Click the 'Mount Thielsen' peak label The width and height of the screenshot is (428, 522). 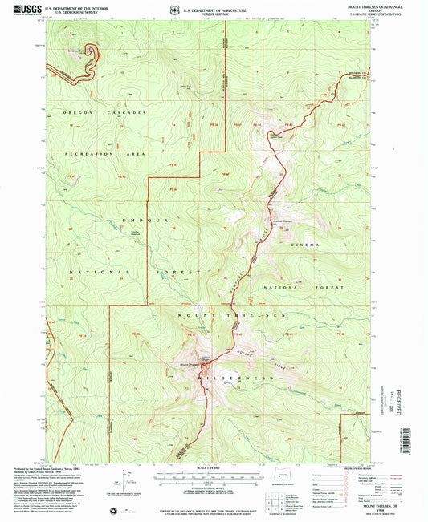click(188, 366)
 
